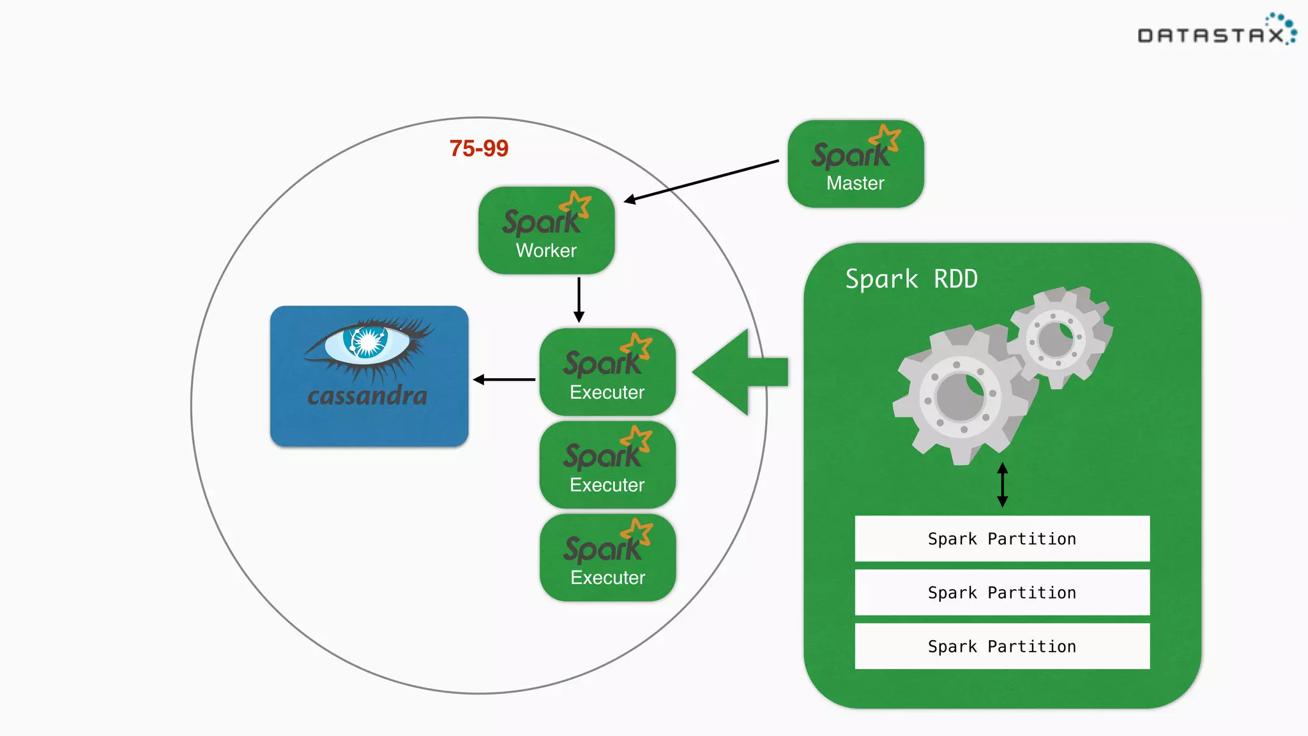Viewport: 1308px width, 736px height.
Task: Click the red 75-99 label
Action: [478, 148]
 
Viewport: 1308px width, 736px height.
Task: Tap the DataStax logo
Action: [1216, 32]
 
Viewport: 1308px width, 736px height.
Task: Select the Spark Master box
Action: [855, 164]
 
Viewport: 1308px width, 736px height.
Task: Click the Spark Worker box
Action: [546, 231]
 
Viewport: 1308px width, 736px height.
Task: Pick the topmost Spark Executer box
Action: [607, 372]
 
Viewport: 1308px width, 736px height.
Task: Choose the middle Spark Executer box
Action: [607, 465]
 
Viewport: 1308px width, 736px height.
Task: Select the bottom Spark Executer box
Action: [607, 558]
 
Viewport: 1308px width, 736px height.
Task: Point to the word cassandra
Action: [367, 395]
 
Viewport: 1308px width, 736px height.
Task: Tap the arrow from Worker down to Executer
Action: [579, 299]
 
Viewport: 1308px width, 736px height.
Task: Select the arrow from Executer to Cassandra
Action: [504, 379]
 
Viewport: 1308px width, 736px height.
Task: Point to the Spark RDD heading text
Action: [911, 279]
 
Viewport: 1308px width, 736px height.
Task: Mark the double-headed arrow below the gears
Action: [1002, 485]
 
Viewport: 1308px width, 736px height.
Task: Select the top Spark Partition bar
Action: [1001, 539]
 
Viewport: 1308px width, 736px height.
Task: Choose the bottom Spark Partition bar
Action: [1001, 647]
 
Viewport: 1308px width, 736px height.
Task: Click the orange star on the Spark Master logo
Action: [886, 137]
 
